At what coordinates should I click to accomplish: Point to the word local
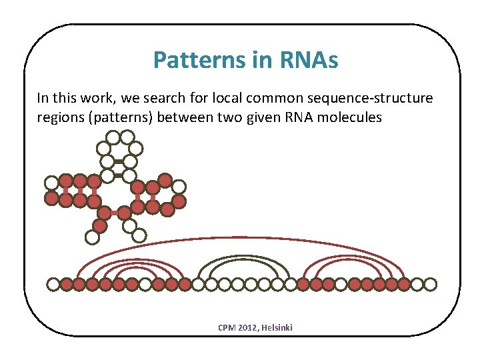click(x=225, y=99)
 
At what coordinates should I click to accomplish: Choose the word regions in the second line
click(x=59, y=117)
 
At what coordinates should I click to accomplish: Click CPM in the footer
click(x=227, y=327)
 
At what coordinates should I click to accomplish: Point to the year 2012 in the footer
click(x=249, y=327)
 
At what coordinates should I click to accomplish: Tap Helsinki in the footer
click(x=278, y=327)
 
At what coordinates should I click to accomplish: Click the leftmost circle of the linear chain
click(x=53, y=285)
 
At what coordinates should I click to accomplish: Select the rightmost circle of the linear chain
click(x=431, y=285)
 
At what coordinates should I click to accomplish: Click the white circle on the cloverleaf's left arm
click(x=51, y=182)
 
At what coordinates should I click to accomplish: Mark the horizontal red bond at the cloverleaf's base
click(x=113, y=213)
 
